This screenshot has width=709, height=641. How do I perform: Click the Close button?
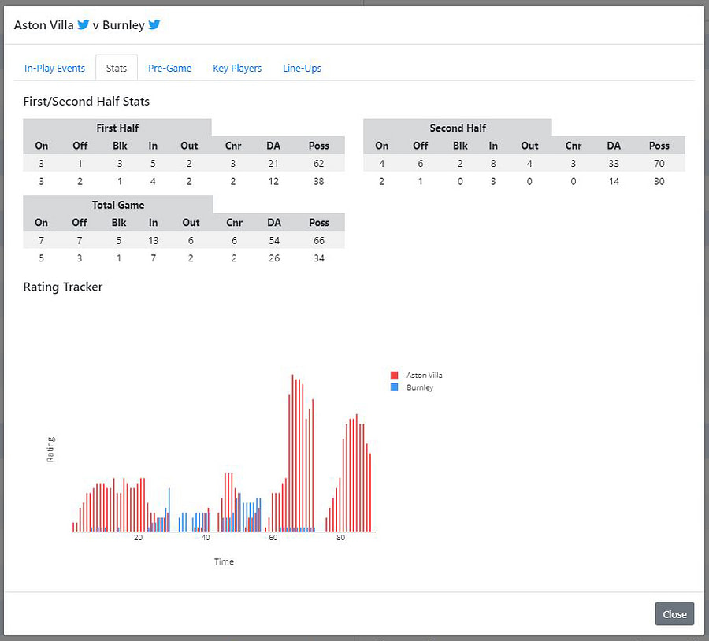[x=674, y=614]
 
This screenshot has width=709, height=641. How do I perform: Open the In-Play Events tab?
[x=54, y=69]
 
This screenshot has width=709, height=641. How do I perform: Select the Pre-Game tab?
[x=170, y=69]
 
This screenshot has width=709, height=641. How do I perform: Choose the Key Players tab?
[x=237, y=69]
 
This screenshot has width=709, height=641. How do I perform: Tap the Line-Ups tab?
[x=302, y=69]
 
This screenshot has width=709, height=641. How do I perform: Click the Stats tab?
[x=117, y=69]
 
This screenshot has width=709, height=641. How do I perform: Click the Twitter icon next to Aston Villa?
[x=83, y=24]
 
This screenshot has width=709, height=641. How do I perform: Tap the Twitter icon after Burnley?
[x=154, y=24]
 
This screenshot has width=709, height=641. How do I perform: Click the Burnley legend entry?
[x=418, y=387]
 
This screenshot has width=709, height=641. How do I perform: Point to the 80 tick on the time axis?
[x=340, y=538]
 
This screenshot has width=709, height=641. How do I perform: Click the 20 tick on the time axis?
[x=139, y=538]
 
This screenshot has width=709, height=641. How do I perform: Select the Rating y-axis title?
[x=51, y=449]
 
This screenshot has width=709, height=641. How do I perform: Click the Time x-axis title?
[x=224, y=561]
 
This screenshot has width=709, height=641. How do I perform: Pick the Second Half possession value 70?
[x=659, y=164]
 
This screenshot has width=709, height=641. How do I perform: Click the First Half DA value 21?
[x=274, y=164]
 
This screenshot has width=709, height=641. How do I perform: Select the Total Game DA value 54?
[x=274, y=241]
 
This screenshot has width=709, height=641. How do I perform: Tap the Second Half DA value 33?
[x=614, y=164]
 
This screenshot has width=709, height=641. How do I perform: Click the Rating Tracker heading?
[x=63, y=287]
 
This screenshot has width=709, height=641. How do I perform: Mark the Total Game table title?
[x=118, y=205]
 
